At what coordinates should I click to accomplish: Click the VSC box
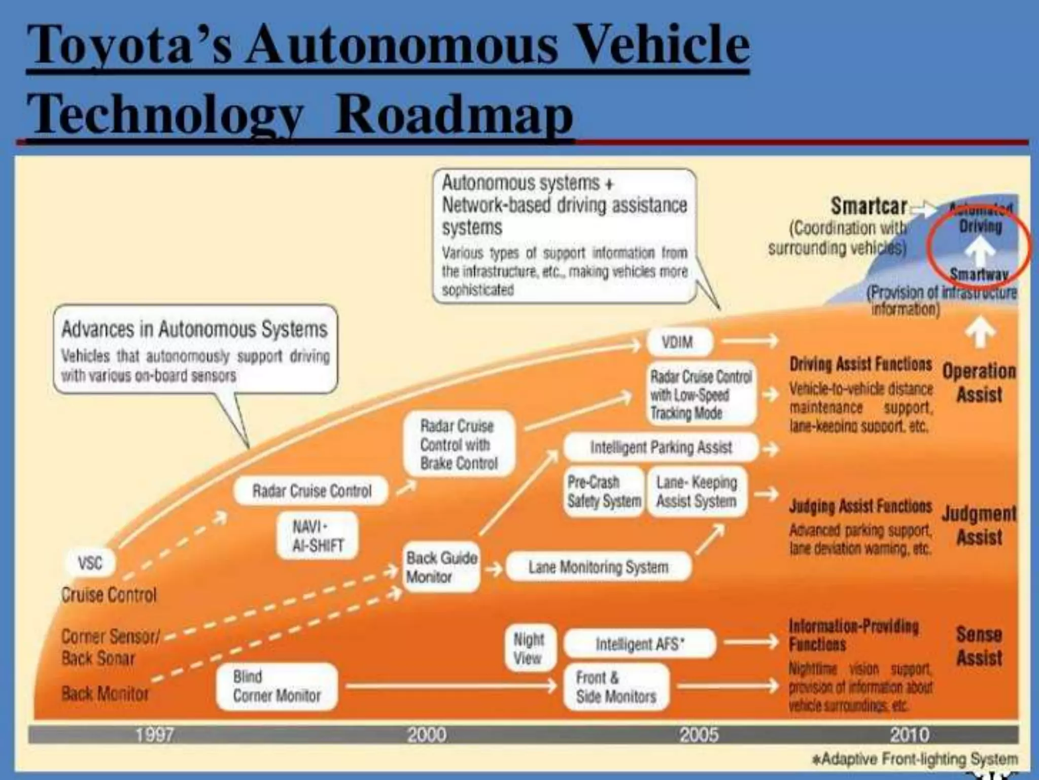pos(90,562)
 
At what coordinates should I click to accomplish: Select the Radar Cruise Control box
pos(311,491)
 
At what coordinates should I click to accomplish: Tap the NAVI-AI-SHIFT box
pos(318,536)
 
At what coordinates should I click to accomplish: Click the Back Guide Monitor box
pos(441,567)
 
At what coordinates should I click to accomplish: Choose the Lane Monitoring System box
pos(598,567)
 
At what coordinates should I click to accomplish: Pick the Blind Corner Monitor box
pos(276,686)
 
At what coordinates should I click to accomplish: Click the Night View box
pos(529,648)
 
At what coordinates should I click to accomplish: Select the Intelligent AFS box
pos(639,644)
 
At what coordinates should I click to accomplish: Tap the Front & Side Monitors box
pos(616,687)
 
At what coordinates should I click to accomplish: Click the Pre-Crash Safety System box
pos(604,492)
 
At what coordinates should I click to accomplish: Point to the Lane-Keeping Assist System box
pos(697,492)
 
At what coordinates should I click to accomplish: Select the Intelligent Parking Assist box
pos(661,447)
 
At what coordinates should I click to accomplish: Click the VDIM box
pos(678,342)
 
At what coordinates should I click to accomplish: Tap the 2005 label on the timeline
pos(699,735)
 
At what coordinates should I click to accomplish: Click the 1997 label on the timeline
pos(154,735)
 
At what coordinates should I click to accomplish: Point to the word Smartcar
pos(869,206)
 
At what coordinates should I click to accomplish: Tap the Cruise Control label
pos(109,595)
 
